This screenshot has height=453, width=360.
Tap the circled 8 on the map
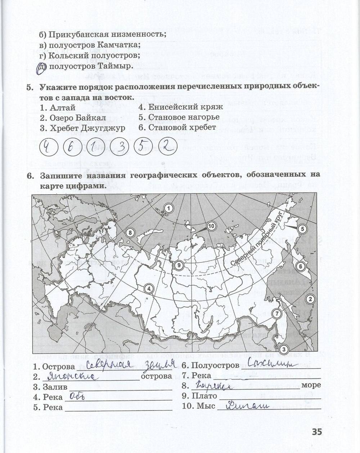click(130, 232)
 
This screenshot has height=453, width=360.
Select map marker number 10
click(211, 226)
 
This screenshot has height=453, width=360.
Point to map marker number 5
click(302, 229)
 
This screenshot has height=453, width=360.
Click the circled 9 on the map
click(178, 266)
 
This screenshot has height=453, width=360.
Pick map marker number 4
click(148, 288)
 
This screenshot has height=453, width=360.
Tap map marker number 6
click(300, 266)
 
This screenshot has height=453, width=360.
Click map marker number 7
click(276, 313)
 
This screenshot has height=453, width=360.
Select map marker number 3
click(284, 349)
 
